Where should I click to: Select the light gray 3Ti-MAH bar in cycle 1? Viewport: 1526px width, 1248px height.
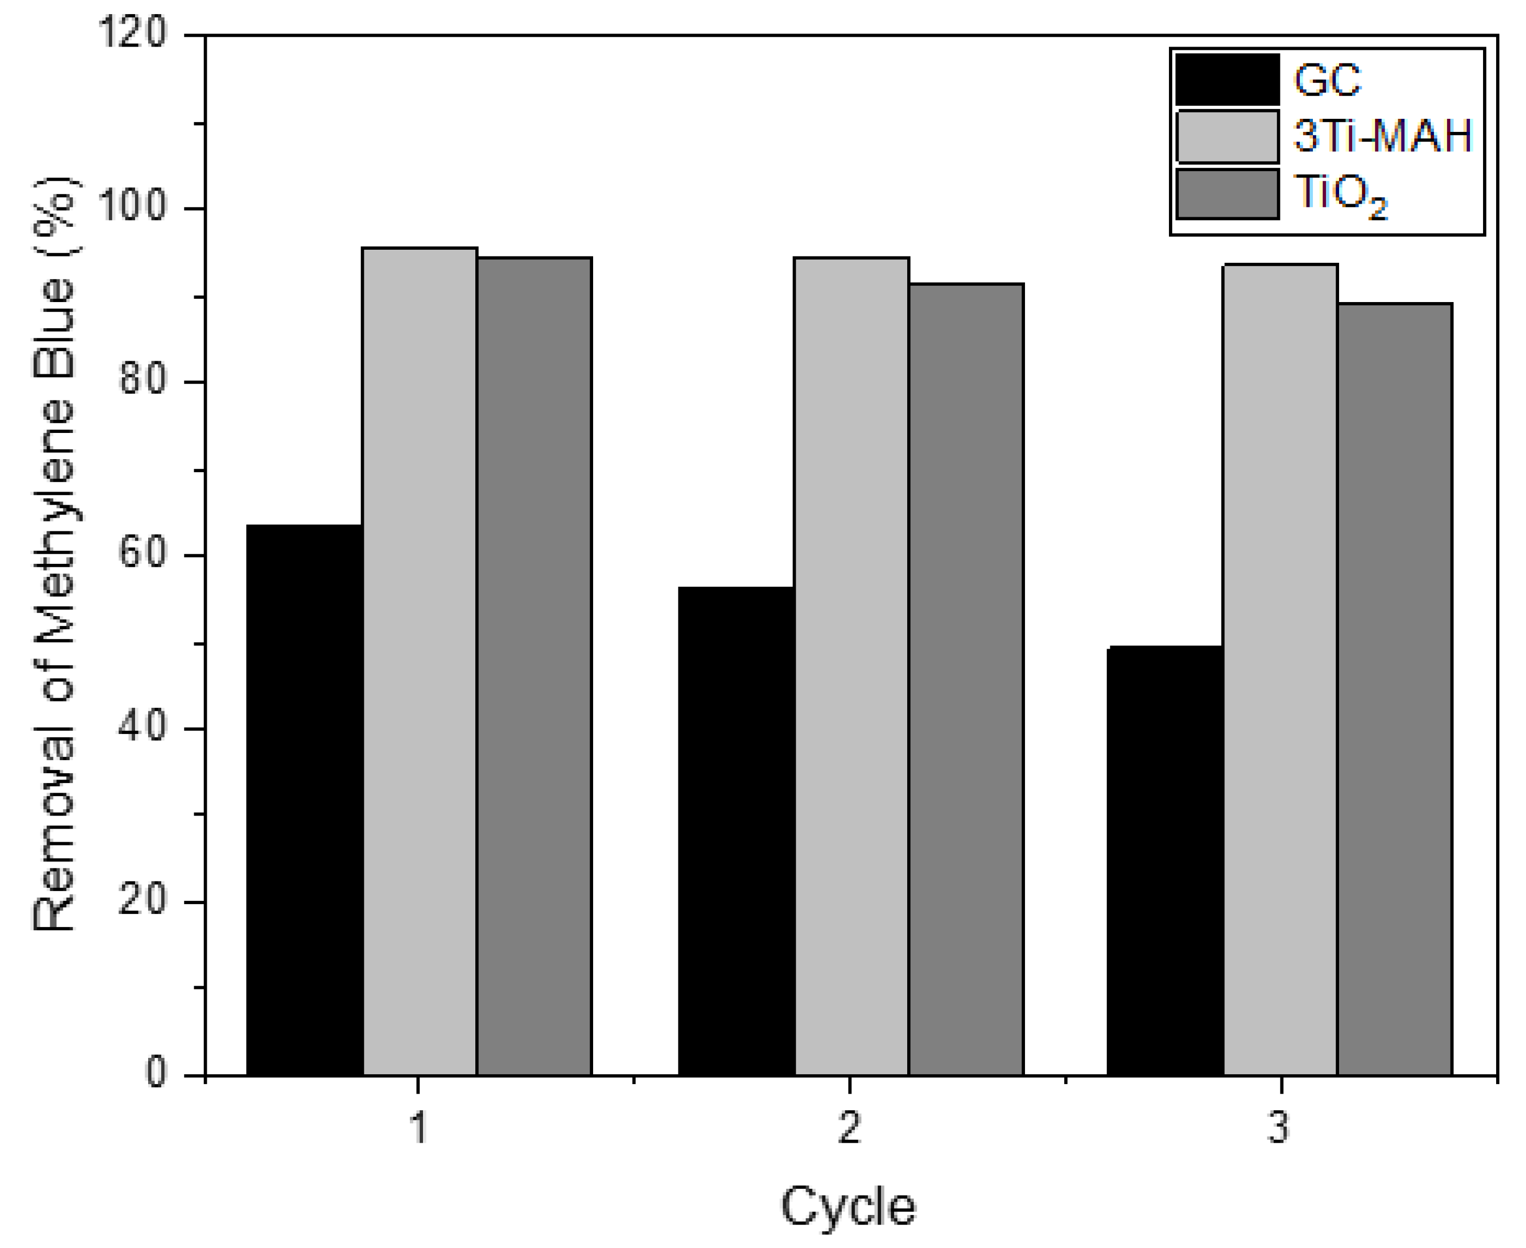pos(420,661)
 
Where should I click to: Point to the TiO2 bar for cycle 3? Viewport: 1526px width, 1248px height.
pos(1395,689)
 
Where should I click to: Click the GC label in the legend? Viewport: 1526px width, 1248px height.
pos(1327,80)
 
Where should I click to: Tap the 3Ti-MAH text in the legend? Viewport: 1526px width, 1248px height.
pos(1382,136)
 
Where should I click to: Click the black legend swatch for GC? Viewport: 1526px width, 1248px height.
pos(1227,80)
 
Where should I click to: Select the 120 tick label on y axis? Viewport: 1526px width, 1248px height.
pos(132,34)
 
